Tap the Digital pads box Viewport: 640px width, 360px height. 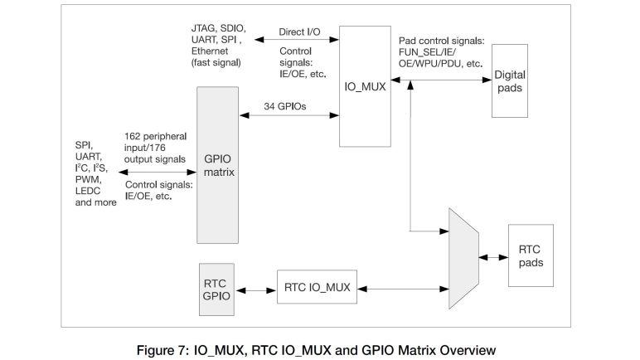coord(509,81)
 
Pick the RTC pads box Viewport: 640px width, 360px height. coord(530,255)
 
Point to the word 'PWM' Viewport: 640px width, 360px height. coord(90,182)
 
